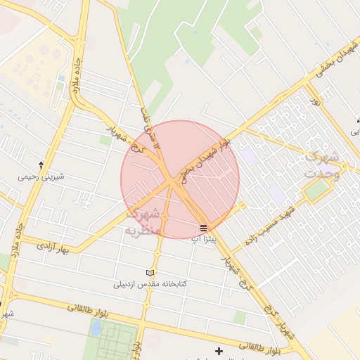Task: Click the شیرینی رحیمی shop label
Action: point(41,176)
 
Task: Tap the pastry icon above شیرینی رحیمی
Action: point(41,165)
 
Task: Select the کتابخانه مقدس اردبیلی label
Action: point(151,285)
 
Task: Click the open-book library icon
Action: point(149,273)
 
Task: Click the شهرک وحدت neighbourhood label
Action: point(322,165)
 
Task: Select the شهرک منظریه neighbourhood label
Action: point(144,221)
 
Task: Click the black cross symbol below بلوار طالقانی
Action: point(219,351)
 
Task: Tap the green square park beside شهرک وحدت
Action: point(317,189)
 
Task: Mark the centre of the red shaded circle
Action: point(180,179)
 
